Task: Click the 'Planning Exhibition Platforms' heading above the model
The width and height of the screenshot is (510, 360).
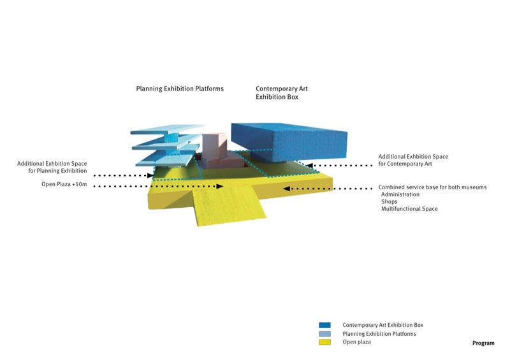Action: point(180,89)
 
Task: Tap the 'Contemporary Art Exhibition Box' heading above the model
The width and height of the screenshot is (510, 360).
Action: point(282,92)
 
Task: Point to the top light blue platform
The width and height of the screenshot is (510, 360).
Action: point(167,129)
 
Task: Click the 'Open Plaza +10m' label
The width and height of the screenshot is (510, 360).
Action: point(64,184)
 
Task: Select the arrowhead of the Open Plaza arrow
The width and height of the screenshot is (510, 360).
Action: point(220,186)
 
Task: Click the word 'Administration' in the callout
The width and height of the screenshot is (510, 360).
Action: point(400,194)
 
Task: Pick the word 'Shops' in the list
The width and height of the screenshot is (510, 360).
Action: point(390,201)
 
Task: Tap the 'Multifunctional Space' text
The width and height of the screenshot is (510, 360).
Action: point(409,209)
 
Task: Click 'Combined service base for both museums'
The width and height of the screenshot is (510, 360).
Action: point(433,187)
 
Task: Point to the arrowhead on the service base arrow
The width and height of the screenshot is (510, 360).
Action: point(286,189)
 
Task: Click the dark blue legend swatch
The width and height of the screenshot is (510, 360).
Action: point(325,325)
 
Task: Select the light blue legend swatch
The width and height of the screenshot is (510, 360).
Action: point(325,334)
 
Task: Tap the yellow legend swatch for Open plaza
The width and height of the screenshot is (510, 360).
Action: point(325,342)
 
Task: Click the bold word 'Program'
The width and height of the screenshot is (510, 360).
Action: point(483,343)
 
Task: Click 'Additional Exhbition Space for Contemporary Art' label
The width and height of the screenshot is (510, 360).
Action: point(413,161)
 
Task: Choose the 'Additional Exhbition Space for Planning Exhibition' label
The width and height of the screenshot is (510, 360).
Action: point(52,167)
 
